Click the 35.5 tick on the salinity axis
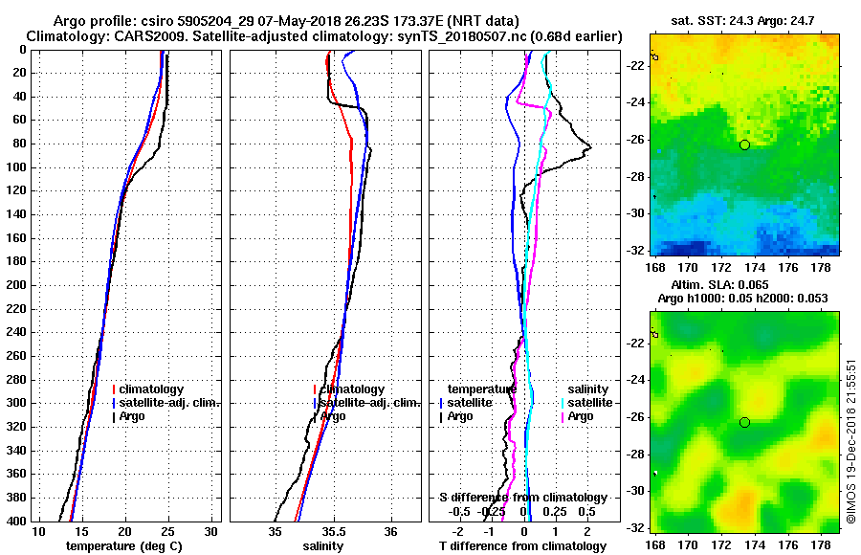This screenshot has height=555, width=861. [x=333, y=532]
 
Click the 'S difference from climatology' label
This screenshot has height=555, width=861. [x=523, y=498]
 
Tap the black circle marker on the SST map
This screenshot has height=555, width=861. [x=744, y=144]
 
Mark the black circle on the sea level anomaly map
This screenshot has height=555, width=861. [x=744, y=422]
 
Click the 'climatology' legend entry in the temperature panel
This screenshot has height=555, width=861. [x=152, y=389]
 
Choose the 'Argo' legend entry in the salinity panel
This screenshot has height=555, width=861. [x=334, y=416]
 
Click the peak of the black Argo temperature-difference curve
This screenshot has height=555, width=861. [x=591, y=146]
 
